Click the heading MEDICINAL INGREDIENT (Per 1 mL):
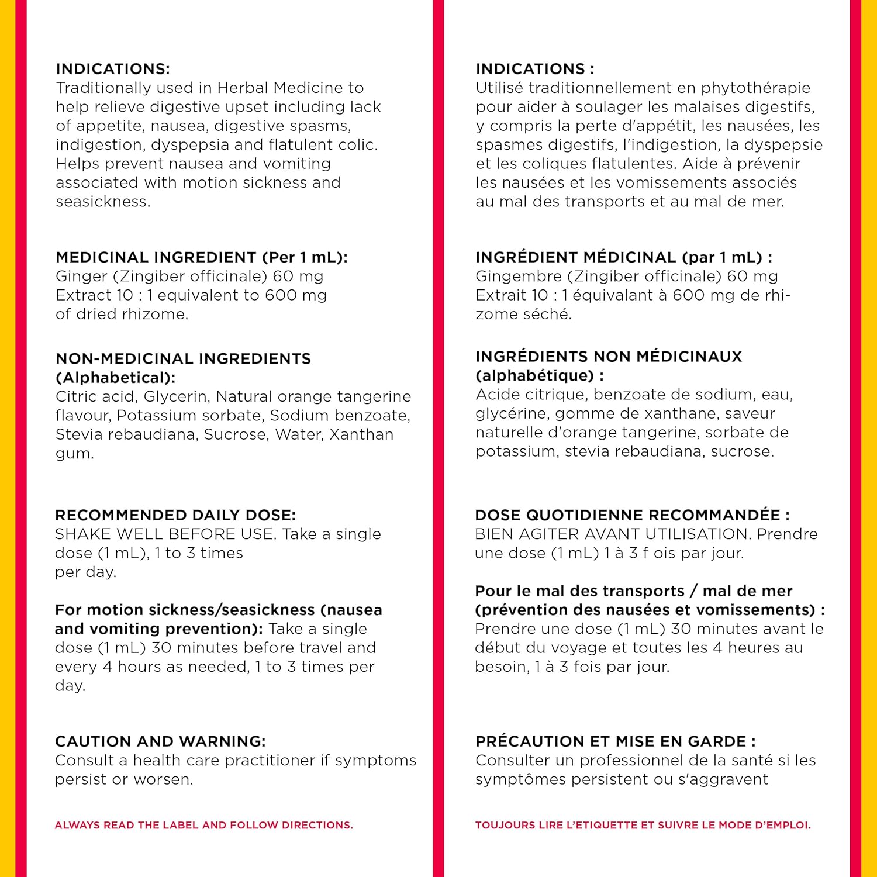(x=202, y=257)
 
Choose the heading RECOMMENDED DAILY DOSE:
(x=175, y=515)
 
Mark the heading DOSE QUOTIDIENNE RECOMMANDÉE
(x=632, y=515)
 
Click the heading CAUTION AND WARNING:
(x=160, y=741)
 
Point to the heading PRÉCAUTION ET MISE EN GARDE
(x=615, y=741)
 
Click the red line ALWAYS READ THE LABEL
(x=203, y=825)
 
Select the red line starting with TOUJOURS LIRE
(x=643, y=825)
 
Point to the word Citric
(x=75, y=396)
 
